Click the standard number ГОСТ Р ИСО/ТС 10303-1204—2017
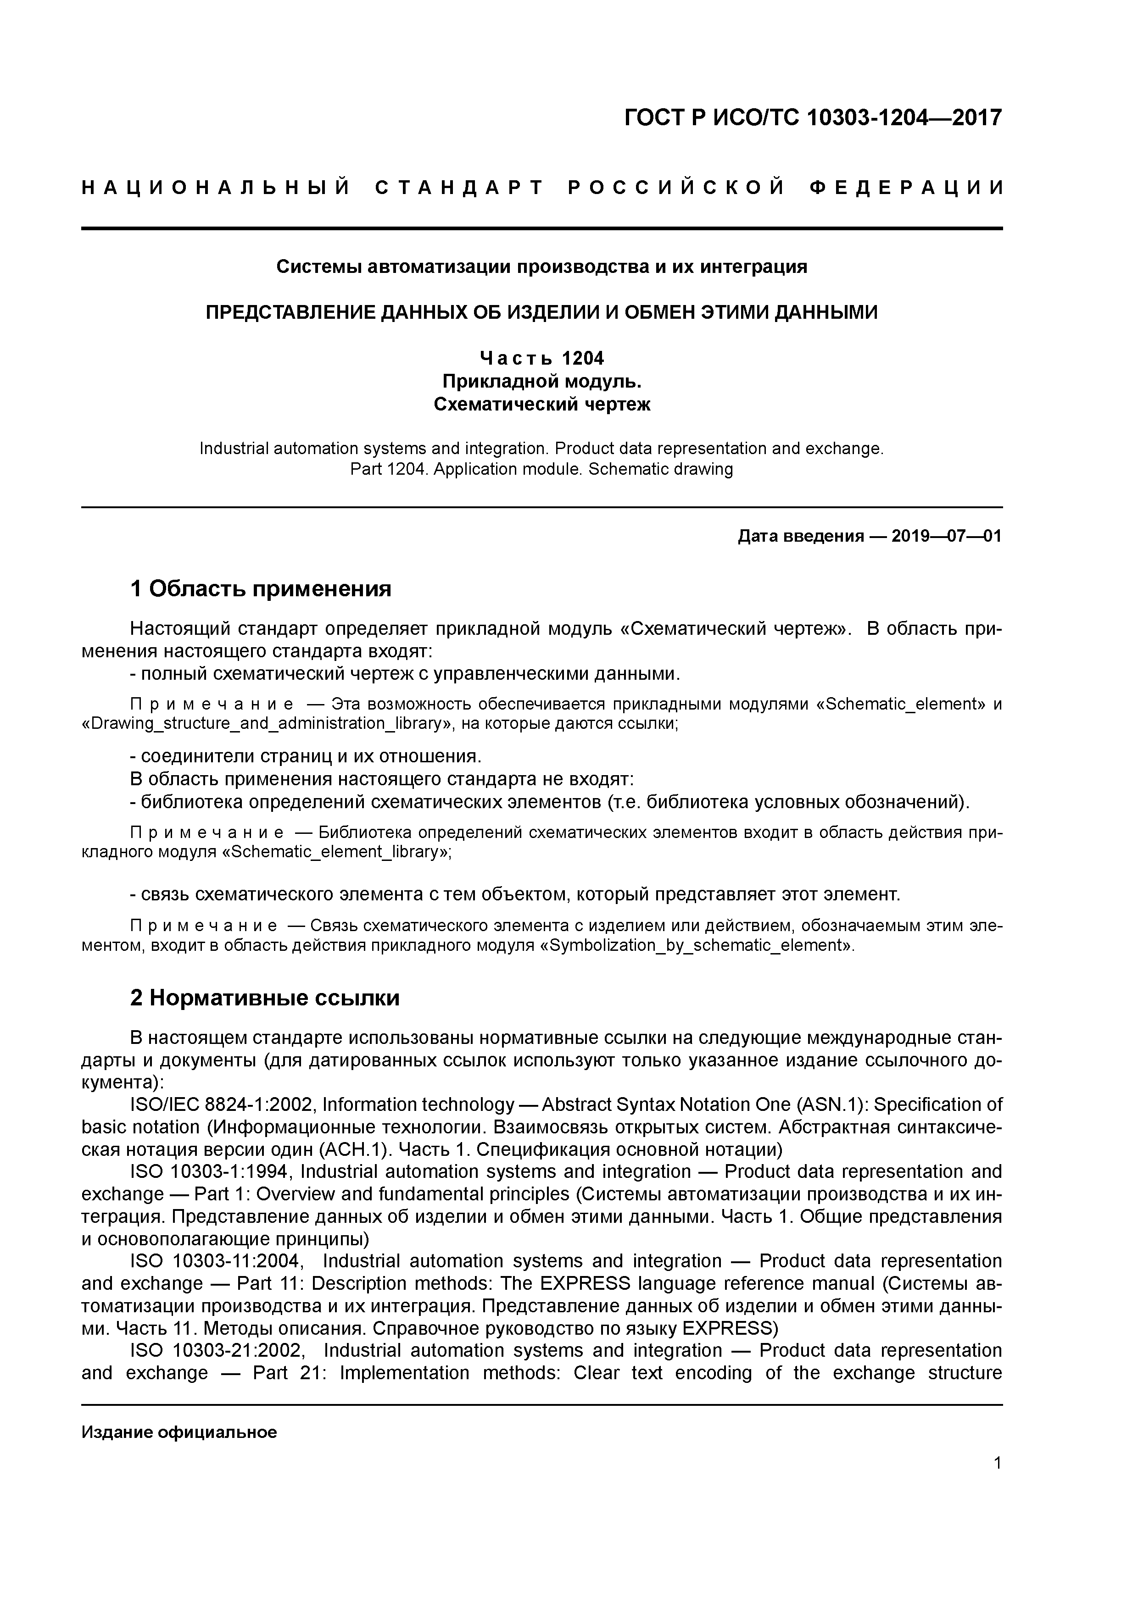814,118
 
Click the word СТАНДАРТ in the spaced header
459,188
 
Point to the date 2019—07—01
947,536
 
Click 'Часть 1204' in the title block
541,358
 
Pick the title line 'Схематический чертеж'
541,405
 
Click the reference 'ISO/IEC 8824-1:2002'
223,1104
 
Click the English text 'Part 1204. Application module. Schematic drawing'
541,469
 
